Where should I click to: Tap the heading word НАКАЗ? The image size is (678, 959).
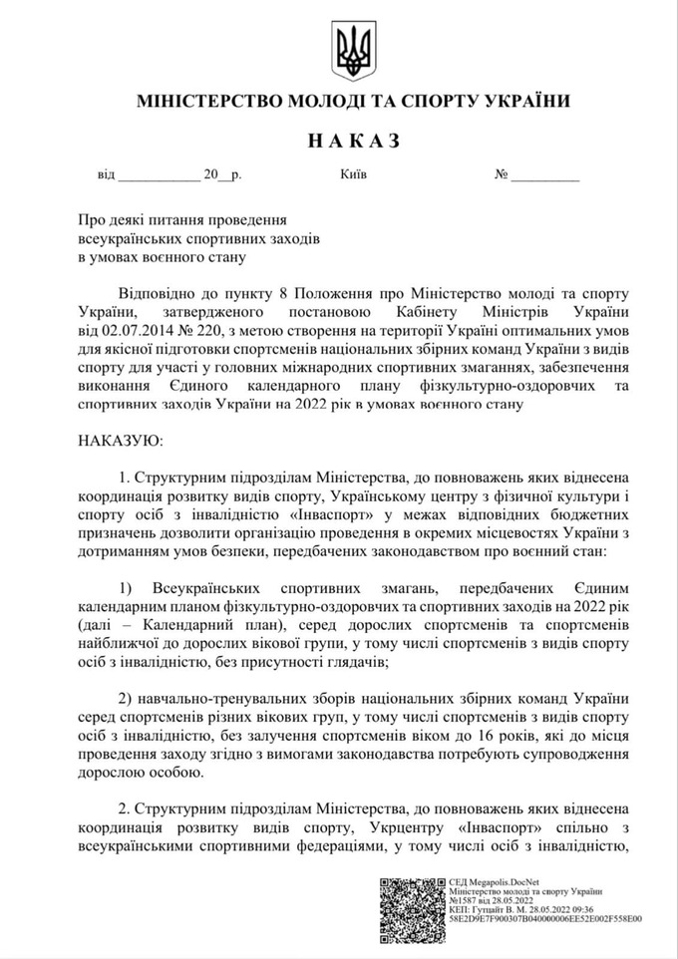pos(351,141)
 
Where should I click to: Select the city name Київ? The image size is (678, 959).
pos(353,174)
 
